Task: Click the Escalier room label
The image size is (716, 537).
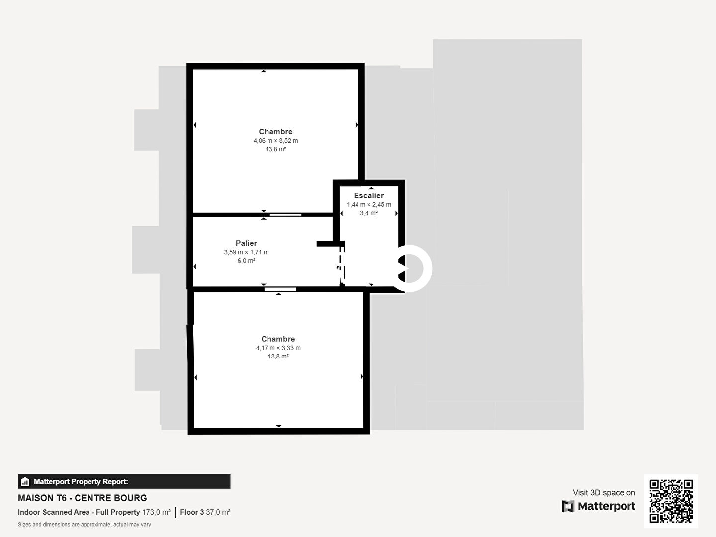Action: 368,195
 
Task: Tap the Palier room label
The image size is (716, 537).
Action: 246,243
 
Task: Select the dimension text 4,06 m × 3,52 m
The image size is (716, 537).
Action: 275,141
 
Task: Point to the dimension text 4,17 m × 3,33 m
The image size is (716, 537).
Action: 278,348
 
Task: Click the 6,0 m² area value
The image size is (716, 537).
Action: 246,260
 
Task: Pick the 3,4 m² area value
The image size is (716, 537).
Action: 369,213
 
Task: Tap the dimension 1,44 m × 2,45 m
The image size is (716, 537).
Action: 369,204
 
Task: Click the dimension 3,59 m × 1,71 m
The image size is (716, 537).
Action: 246,252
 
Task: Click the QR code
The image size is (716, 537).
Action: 671,501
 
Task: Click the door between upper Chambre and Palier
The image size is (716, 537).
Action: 285,214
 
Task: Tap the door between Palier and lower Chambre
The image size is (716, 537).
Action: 280,289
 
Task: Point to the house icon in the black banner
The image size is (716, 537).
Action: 25,482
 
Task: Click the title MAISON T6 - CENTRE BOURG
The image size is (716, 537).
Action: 83,498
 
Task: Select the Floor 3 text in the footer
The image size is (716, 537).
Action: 192,512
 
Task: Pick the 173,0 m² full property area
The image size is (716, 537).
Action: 156,512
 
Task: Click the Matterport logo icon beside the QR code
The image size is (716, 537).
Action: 568,506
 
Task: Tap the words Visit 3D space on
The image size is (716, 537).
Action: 604,492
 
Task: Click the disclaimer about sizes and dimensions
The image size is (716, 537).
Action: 85,524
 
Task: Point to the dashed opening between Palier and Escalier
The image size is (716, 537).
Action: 341,265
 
